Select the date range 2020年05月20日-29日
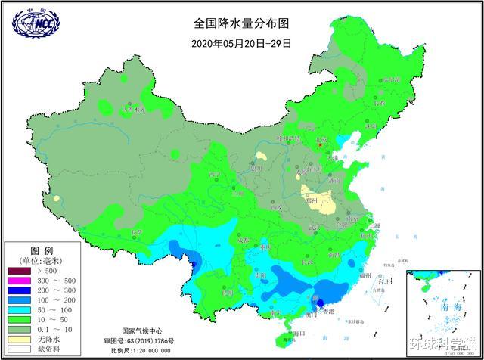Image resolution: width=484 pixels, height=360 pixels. (x=241, y=43)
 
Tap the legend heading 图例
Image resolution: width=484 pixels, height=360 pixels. (x=42, y=250)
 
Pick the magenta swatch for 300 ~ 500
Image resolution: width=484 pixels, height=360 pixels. (x=20, y=281)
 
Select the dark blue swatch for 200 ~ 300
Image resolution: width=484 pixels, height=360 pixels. (x=20, y=290)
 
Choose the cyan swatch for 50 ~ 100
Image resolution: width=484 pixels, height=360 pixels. (x=20, y=310)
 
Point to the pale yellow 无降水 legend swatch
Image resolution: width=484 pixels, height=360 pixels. (x=20, y=340)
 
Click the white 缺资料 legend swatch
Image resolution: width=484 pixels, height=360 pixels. (x=20, y=349)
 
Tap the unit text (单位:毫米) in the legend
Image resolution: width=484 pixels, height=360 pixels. (x=42, y=260)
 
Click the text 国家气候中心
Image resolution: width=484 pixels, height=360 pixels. (x=142, y=331)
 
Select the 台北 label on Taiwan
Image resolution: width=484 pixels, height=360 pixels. (x=383, y=281)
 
